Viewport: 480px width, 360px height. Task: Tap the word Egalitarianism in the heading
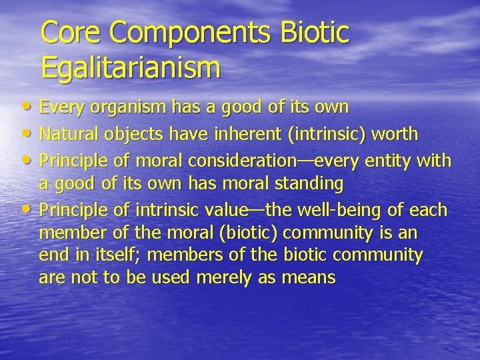click(x=130, y=67)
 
